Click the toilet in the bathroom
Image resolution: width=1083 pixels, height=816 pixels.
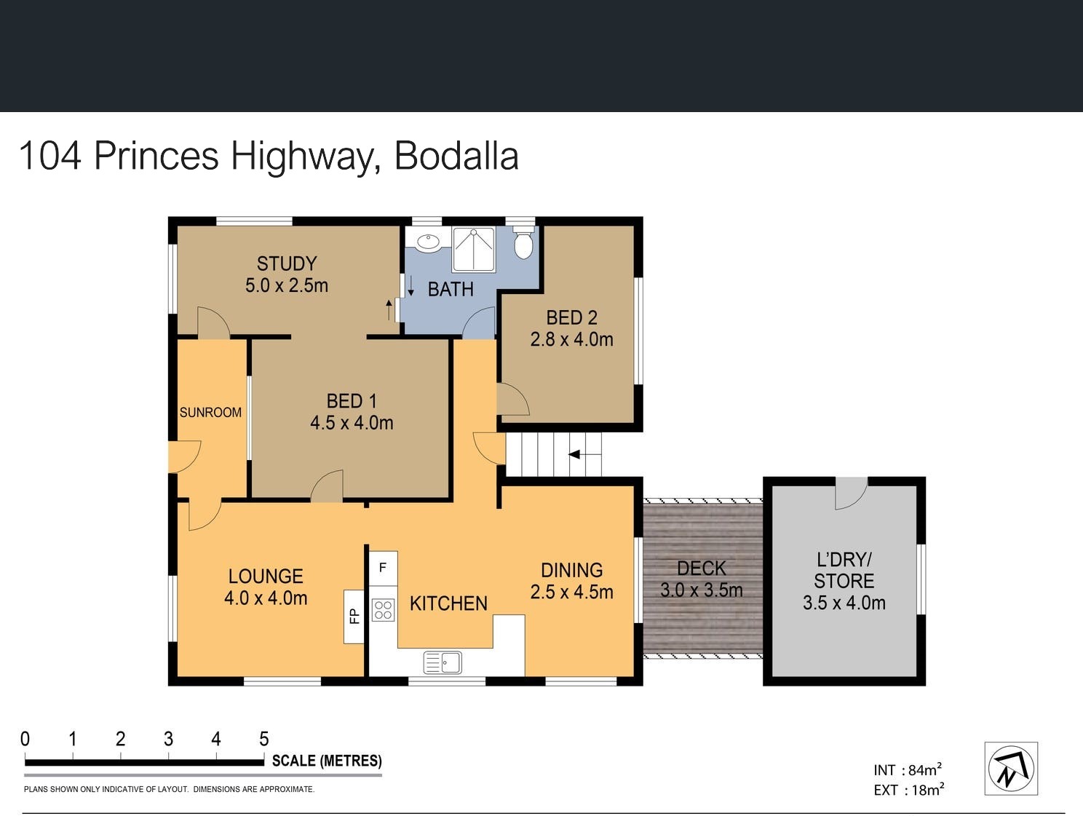pos(523,242)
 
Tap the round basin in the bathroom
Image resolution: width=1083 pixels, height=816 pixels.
pos(428,242)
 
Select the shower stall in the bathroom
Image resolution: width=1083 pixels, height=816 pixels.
pos(473,249)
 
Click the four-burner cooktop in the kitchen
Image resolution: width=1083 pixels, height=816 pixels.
pos(383,609)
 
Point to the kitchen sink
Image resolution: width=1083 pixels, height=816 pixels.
pos(443,662)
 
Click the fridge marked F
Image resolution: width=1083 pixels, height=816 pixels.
pos(384,569)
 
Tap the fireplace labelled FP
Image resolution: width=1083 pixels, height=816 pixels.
pos(354,617)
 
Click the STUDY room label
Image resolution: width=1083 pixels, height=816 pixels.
pos(287,264)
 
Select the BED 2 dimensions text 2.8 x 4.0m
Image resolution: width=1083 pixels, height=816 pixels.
pos(572,339)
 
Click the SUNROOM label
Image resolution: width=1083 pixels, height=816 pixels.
pos(210,413)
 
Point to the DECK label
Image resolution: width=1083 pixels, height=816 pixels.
pos(702,569)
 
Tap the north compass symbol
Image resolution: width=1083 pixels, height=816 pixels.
pos(1011,769)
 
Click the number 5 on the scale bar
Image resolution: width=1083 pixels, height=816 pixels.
pos(264,739)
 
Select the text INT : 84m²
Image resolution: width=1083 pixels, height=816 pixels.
pos(908,769)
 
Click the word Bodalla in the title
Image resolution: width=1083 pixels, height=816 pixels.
pos(456,156)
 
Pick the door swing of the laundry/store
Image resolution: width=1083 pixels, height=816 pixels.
pos(851,494)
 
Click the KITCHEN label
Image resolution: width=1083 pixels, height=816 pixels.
pos(448,604)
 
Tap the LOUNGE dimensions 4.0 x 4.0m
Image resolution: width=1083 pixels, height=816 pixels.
pos(266,598)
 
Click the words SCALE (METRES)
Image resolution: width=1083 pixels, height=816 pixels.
pos(327,761)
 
